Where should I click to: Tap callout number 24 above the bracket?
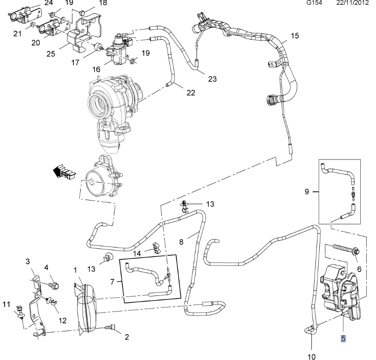(48, 3)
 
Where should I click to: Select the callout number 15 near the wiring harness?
(295, 35)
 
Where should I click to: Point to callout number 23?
(212, 79)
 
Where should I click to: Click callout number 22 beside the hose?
(191, 93)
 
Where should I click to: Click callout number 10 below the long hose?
(311, 355)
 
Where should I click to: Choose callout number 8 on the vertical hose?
(181, 241)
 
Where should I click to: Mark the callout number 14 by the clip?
(137, 253)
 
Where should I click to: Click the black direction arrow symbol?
(62, 172)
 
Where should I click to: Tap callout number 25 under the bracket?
(51, 53)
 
